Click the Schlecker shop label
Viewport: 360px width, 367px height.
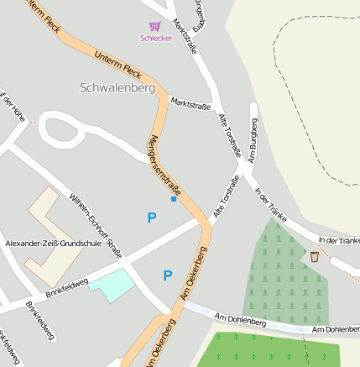coord(154,38)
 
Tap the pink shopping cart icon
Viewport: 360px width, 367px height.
coord(154,27)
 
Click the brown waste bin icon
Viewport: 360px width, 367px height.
coord(315,256)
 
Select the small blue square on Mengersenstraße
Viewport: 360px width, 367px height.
coord(174,199)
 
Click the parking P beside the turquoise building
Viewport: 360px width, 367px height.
coord(168,275)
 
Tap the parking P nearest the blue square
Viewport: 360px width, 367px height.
coord(152,218)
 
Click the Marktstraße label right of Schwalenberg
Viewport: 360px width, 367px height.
coord(190,102)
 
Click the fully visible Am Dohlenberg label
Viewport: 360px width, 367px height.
coord(240,320)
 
